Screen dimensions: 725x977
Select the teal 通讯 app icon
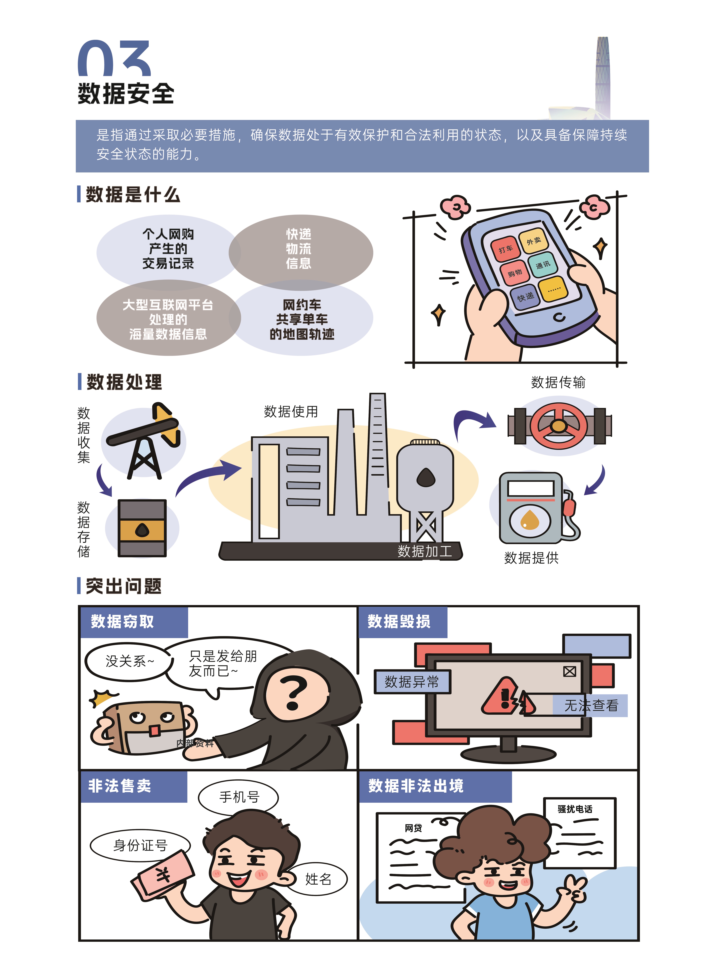coord(543,264)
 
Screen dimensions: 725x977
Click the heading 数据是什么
coord(133,194)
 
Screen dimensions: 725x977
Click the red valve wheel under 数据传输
coord(559,426)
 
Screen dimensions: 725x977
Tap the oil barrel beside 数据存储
coord(142,528)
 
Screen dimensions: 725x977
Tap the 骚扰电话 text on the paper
coord(575,809)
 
